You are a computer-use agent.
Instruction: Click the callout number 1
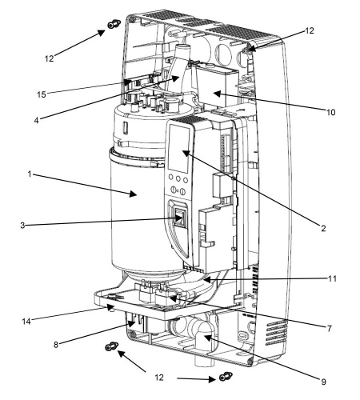coord(30,174)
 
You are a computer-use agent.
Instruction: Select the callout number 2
coord(323,228)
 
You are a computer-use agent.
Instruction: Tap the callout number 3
coord(22,226)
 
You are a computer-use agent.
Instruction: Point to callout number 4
coord(36,120)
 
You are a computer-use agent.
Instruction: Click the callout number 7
coord(330,328)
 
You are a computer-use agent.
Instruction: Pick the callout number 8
coord(56,345)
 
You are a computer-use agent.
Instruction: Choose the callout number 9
coord(323,382)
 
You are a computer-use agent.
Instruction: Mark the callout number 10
coord(330,112)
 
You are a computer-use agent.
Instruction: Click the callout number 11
coord(332,278)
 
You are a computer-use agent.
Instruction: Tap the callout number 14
coord(26,322)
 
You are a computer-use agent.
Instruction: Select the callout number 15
coord(42,94)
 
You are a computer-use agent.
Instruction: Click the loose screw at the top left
coord(114,24)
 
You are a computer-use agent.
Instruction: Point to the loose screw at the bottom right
coord(226,377)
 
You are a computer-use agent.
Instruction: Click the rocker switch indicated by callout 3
coord(179,218)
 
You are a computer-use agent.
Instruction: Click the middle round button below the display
coord(178,178)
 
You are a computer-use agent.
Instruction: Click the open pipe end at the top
coord(182,48)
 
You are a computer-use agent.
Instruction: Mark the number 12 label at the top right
coord(310,30)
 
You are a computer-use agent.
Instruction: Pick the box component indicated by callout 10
coord(216,86)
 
